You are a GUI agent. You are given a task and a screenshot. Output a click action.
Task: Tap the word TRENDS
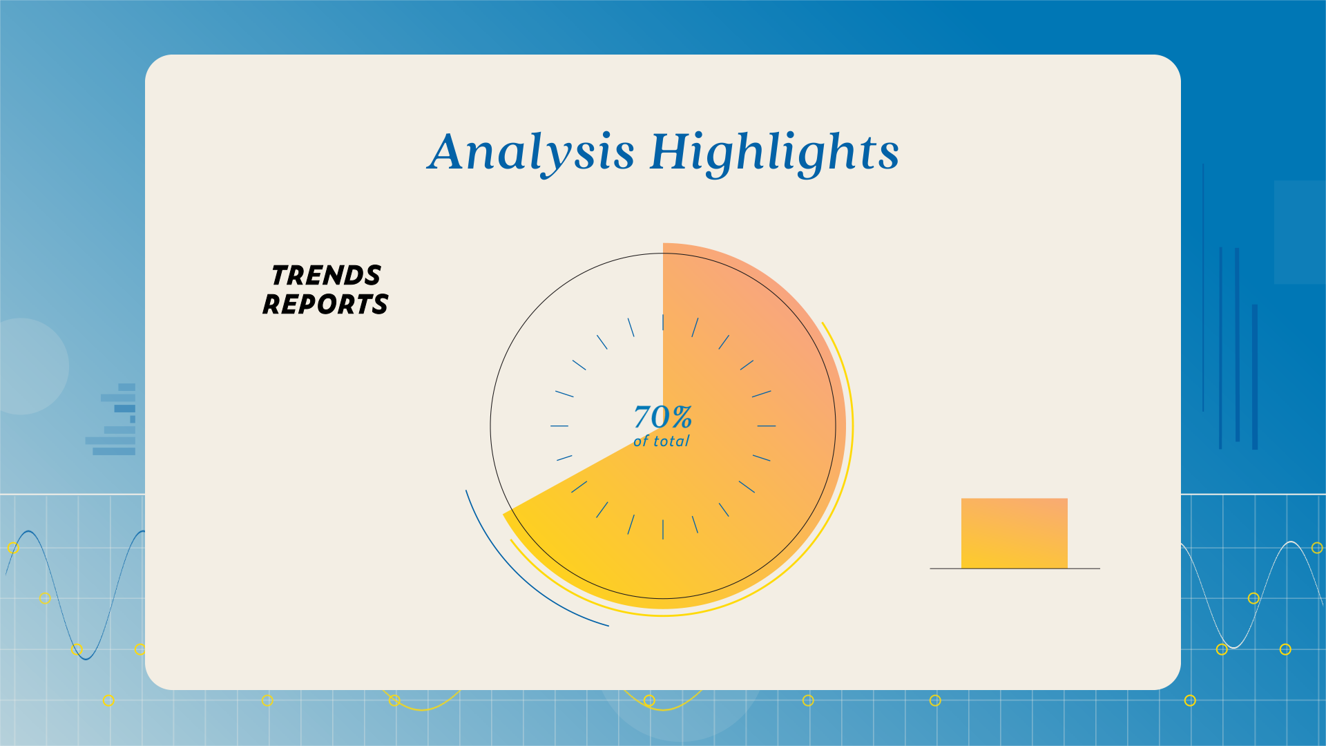tap(326, 276)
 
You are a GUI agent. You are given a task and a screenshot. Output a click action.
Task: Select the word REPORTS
tap(325, 305)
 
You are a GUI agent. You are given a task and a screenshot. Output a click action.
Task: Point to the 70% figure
tap(663, 417)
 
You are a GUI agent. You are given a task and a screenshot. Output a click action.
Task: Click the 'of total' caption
tap(662, 441)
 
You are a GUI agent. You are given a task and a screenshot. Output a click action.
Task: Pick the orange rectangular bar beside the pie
tap(1015, 533)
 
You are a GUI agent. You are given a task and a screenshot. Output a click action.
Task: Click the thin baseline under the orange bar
tap(1015, 568)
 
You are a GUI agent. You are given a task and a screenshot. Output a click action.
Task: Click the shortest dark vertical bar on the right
tap(1255, 376)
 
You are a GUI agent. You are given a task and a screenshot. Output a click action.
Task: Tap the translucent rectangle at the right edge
tap(1300, 232)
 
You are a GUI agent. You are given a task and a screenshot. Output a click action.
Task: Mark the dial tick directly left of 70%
tap(559, 425)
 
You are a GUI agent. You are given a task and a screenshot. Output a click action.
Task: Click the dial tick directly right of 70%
tap(767, 425)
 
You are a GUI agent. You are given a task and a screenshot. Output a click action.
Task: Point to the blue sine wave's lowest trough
tap(85, 659)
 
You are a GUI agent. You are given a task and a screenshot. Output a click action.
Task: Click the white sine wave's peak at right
tap(1291, 542)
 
